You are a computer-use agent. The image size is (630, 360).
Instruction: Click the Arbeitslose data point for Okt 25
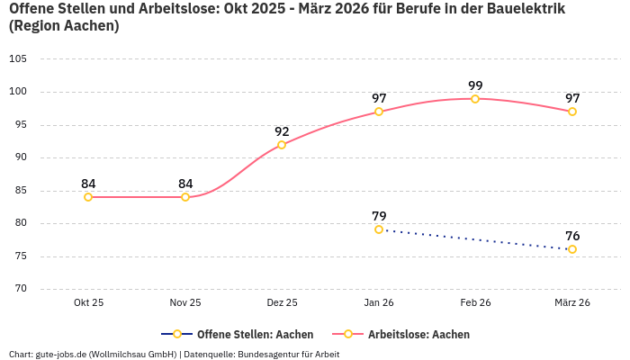(88, 197)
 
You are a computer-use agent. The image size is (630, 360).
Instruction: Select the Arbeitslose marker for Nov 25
(185, 197)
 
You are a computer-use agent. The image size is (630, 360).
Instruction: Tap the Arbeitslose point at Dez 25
(282, 144)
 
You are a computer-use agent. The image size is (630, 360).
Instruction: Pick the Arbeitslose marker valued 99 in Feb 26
(475, 98)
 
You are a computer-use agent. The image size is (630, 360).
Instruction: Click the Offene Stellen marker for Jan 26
(379, 229)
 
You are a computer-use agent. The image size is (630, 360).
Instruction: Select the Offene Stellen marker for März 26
(572, 249)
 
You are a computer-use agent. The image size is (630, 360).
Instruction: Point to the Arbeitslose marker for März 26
(572, 112)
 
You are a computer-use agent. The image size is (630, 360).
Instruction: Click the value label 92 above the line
(282, 131)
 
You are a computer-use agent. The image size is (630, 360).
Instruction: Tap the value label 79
(379, 216)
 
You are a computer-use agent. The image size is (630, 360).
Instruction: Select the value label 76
(572, 236)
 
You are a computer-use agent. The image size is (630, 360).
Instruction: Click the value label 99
(475, 85)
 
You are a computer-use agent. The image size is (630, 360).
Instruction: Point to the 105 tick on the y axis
(18, 58)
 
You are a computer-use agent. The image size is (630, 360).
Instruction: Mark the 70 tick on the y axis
(21, 289)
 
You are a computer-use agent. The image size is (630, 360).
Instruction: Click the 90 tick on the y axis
(21, 157)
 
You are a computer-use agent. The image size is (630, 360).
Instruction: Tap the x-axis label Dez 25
(282, 303)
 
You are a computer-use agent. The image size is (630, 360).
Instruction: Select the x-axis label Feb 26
(475, 303)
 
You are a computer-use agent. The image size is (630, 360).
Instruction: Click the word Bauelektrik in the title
(523, 9)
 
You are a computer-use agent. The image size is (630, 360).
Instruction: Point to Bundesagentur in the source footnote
(269, 354)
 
